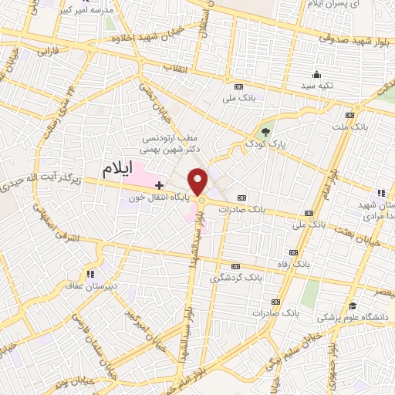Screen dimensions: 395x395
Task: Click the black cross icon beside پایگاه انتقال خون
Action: tap(160, 185)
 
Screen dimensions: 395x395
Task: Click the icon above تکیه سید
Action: tap(316, 75)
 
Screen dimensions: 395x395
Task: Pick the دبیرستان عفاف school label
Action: tap(91, 285)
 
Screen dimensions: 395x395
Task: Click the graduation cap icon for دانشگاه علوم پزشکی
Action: tap(353, 306)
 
